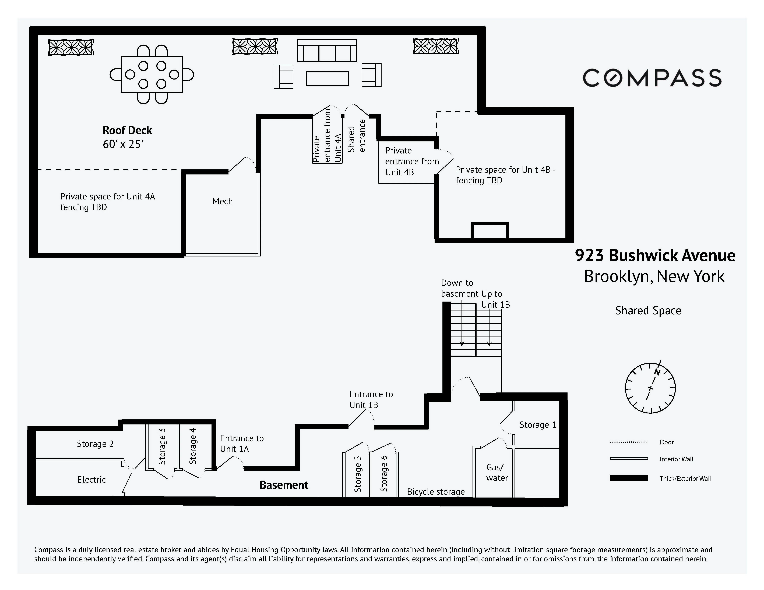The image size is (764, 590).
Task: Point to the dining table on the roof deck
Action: [152, 74]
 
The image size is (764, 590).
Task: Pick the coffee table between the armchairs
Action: [327, 78]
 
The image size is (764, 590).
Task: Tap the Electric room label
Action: [91, 480]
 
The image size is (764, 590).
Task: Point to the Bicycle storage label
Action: [435, 492]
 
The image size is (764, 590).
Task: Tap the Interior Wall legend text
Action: [676, 459]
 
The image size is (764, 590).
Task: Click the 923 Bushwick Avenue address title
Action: [655, 256]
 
